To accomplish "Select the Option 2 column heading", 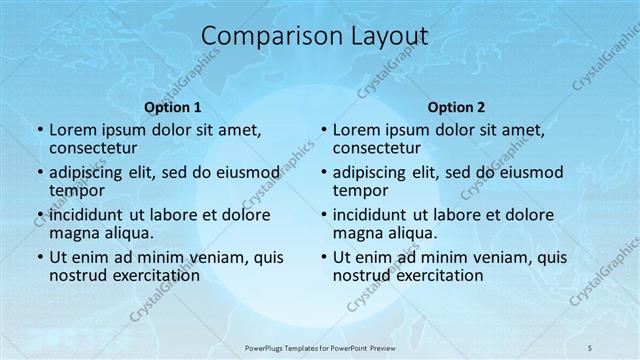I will [456, 106].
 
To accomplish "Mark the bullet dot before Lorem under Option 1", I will [39, 130].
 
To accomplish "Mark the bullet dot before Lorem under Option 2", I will [323, 130].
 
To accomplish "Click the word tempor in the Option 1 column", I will [77, 190].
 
